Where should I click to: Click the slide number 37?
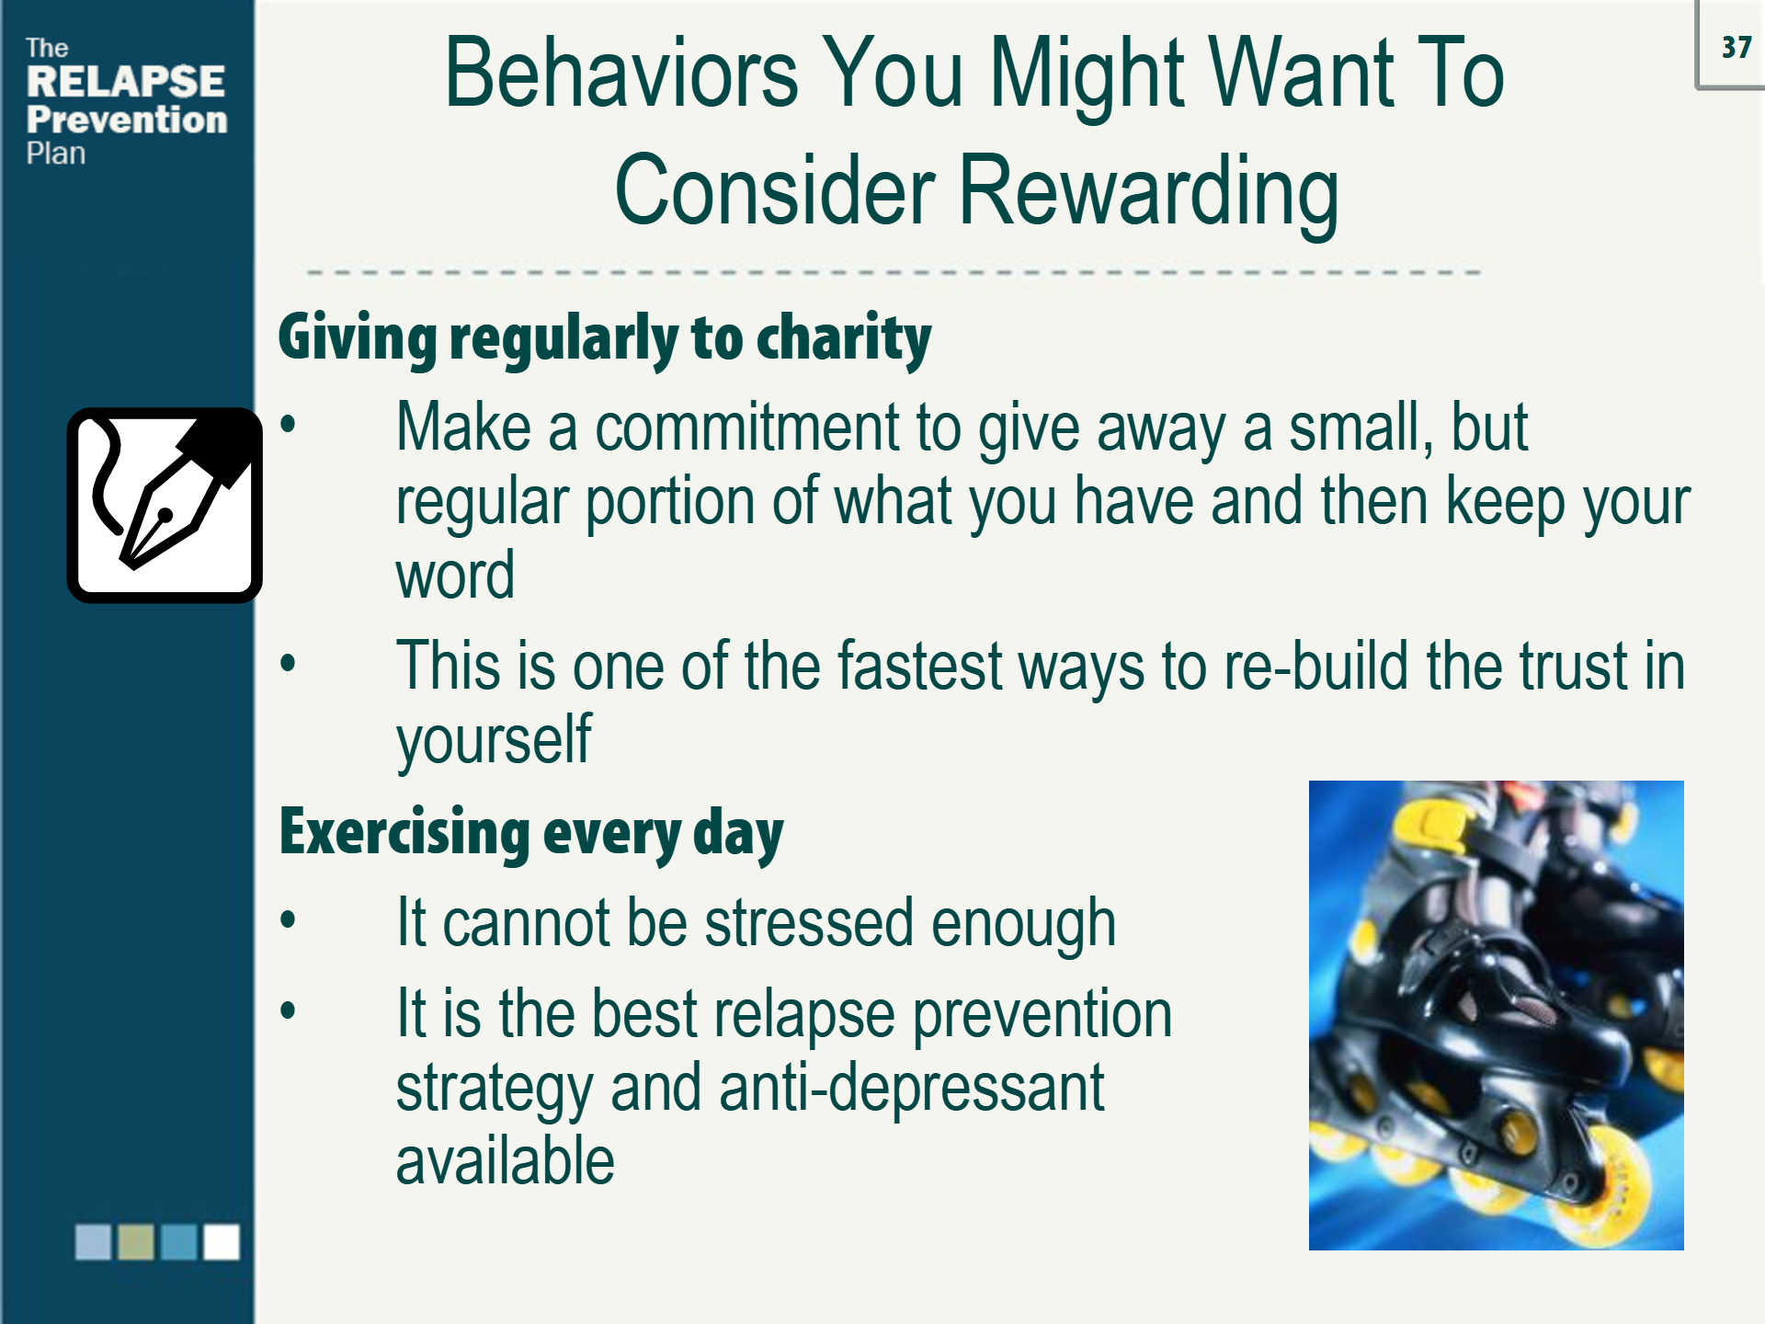tap(1737, 47)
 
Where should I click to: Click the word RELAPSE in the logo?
tap(126, 81)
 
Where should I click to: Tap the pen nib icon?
tap(165, 505)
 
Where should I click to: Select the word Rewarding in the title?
tap(1148, 190)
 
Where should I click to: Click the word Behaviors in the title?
tap(621, 73)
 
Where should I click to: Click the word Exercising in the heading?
tap(404, 832)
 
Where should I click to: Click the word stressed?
tap(808, 922)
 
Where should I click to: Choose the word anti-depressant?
tap(911, 1088)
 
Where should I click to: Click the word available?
tap(505, 1160)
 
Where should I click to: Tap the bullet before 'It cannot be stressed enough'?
tap(289, 919)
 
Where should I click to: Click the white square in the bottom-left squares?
tap(222, 1241)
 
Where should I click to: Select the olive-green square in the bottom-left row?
tap(136, 1241)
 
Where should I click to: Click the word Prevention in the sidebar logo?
tap(127, 120)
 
